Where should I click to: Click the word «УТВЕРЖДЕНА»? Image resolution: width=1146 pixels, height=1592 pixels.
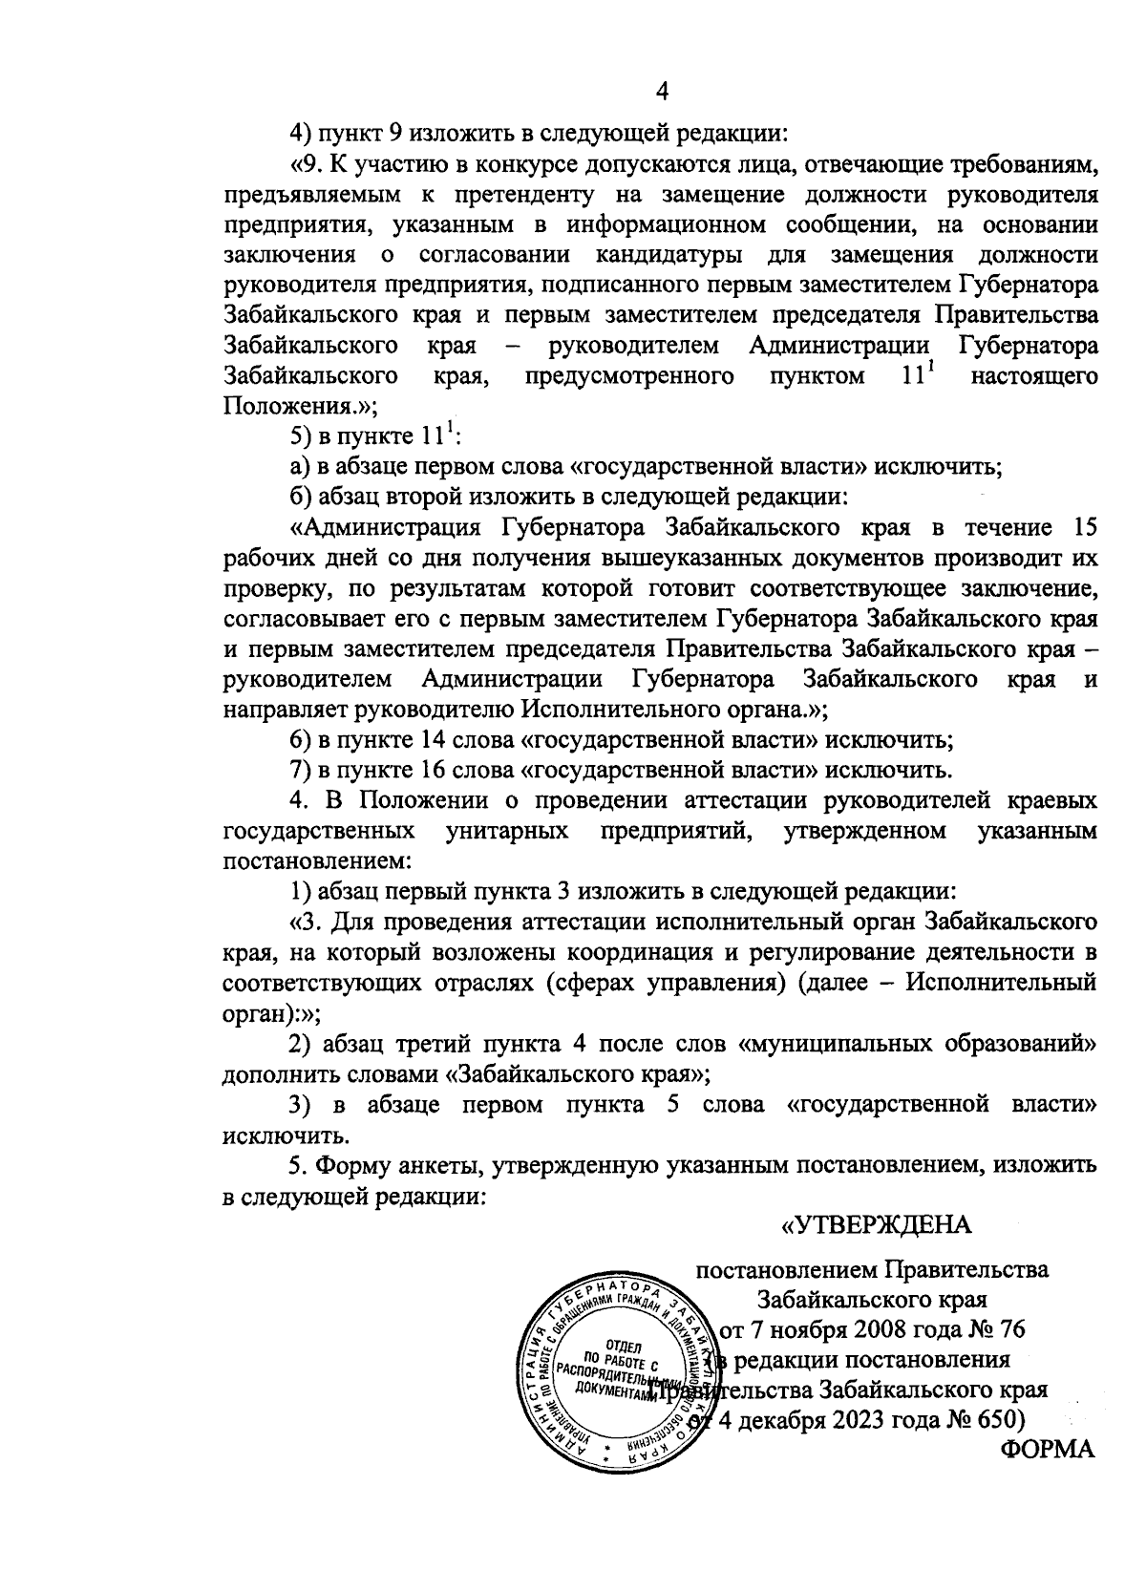coord(876,1225)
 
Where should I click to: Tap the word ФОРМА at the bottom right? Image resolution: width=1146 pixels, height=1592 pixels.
coord(1047,1449)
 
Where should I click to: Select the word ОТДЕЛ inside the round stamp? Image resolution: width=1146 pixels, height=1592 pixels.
coord(623,1347)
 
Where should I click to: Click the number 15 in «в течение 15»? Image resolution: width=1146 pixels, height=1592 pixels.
coord(1083,527)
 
